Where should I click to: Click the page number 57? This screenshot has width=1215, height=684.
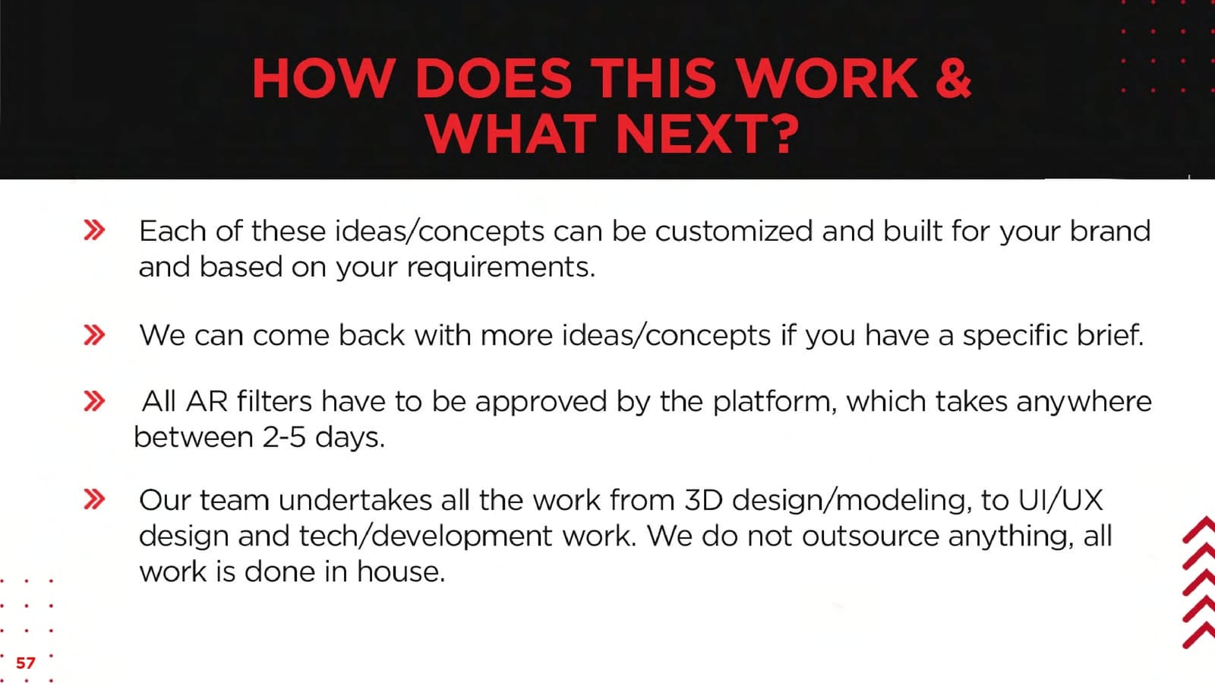point(26,663)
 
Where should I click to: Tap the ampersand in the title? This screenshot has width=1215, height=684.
point(952,78)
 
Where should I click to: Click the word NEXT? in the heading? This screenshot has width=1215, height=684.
point(707,134)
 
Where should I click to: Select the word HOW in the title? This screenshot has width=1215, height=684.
point(323,78)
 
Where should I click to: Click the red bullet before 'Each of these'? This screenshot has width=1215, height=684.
point(94,230)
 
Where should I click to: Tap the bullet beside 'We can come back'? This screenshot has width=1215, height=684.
point(94,335)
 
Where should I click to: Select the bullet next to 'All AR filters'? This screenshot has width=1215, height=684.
point(94,401)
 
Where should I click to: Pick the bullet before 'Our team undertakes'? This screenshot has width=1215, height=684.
point(94,499)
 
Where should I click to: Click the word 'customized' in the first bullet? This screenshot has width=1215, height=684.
point(734,231)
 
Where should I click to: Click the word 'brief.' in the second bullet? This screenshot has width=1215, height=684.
point(1109,335)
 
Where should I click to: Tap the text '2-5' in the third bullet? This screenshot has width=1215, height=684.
point(284,438)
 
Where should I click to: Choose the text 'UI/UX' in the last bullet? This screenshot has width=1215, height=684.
point(1060,500)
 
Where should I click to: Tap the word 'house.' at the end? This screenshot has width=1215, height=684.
point(401,572)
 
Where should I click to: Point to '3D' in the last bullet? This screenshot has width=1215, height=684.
point(703,500)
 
